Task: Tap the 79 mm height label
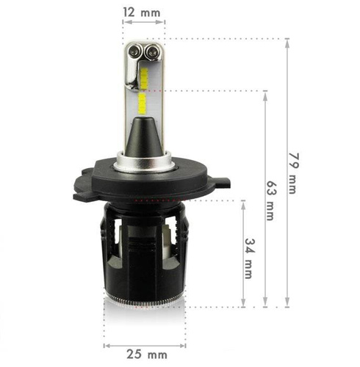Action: pos(293,173)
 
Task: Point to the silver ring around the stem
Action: pos(143,159)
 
